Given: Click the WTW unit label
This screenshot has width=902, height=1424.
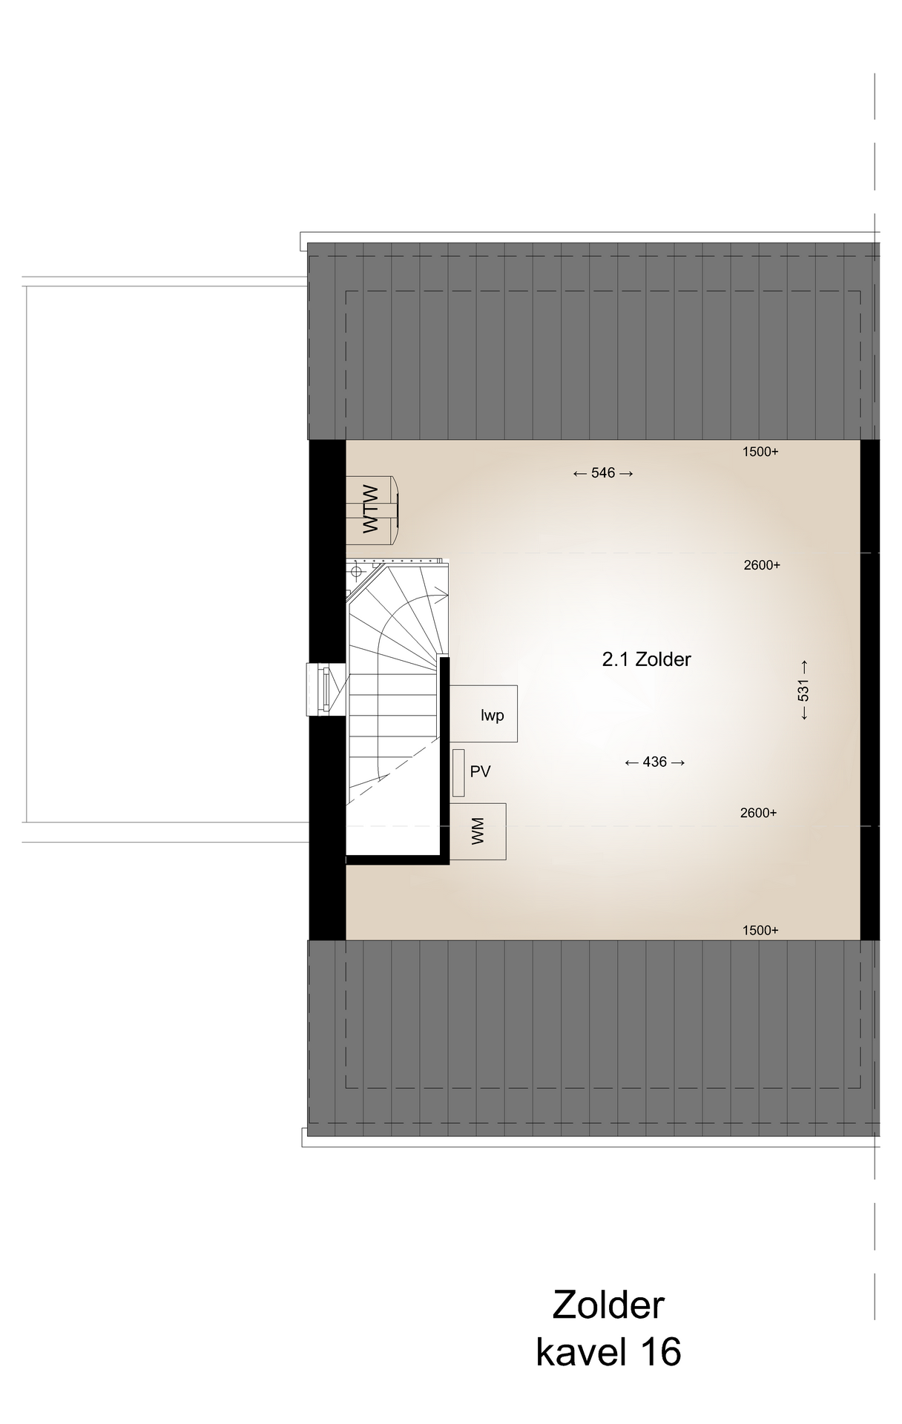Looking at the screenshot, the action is [370, 510].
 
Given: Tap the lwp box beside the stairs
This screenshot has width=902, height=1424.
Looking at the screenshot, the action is [484, 713].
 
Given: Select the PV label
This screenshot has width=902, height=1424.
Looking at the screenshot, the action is [481, 771].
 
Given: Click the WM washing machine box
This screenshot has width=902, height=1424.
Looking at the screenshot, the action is [478, 831].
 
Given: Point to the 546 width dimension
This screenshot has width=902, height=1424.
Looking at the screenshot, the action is [603, 473].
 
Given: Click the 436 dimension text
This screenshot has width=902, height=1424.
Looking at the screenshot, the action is [655, 762].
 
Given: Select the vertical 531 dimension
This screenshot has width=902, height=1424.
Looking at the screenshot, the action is [803, 690].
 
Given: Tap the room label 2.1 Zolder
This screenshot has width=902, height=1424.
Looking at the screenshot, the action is [646, 659].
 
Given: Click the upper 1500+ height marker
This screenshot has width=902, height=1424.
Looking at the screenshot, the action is [760, 452].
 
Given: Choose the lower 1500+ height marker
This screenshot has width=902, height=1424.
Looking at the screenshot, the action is [760, 931].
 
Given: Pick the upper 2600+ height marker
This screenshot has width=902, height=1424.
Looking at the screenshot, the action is [762, 565].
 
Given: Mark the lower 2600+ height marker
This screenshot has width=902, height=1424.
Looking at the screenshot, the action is [758, 813].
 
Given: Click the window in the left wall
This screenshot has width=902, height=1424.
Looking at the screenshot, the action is [325, 690].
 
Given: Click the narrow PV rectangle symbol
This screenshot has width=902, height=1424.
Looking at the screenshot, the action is [458, 774].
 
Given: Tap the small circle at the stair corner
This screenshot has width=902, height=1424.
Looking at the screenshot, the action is [356, 571].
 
